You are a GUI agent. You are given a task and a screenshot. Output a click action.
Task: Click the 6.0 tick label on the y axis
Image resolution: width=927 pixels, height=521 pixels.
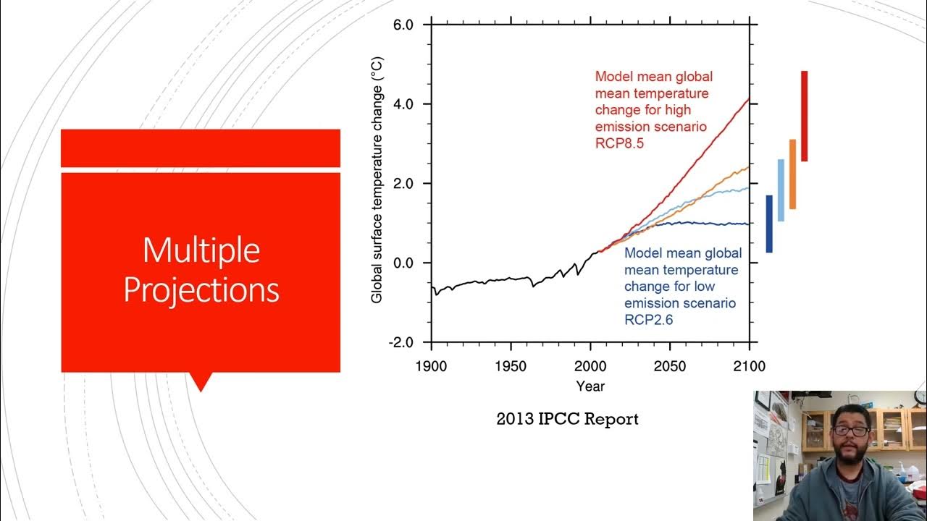tap(403, 25)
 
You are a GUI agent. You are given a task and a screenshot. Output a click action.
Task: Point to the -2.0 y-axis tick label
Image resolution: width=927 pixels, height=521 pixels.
tap(400, 342)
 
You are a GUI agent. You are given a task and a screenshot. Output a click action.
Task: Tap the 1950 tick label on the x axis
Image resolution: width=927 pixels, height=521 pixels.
tap(511, 366)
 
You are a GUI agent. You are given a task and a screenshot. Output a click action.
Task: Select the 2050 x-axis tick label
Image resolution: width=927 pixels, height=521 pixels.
tap(670, 366)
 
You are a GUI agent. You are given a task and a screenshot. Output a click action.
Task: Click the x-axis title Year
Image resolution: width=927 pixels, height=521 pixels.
tap(590, 386)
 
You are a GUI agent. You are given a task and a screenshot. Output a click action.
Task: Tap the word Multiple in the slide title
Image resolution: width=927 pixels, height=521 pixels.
tap(201, 250)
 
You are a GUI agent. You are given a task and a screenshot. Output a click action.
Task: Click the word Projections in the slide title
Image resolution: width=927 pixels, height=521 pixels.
tap(201, 290)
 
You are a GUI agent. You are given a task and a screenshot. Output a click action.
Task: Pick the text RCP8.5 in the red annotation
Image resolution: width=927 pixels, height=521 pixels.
tap(619, 143)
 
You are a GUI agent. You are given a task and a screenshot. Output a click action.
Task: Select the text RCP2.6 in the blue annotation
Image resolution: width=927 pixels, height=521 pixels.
tap(648, 319)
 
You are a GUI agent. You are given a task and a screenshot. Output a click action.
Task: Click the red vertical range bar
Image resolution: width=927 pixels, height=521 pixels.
tap(804, 116)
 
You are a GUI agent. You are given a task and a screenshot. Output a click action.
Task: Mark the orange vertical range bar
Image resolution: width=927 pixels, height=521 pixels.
tap(792, 174)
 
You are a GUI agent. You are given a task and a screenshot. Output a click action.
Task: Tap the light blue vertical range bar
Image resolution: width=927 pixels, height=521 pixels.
tap(781, 190)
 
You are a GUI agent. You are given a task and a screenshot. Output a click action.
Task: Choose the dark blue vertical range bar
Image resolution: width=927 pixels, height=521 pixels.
tap(769, 224)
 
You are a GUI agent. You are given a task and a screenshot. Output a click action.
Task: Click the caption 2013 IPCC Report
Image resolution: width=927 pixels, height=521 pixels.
tap(567, 419)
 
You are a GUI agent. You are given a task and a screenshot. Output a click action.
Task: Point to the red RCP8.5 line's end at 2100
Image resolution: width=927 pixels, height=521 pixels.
tap(748, 100)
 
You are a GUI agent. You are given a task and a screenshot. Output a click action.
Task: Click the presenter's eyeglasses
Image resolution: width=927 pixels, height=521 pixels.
tap(850, 430)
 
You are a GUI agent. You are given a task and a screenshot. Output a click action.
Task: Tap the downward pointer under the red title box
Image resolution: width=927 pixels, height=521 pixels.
tap(200, 382)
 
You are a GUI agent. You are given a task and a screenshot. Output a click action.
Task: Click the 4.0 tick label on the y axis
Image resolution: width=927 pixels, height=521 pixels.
tap(403, 104)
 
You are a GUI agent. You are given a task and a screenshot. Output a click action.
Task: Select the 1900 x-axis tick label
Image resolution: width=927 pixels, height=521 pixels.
tap(431, 366)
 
